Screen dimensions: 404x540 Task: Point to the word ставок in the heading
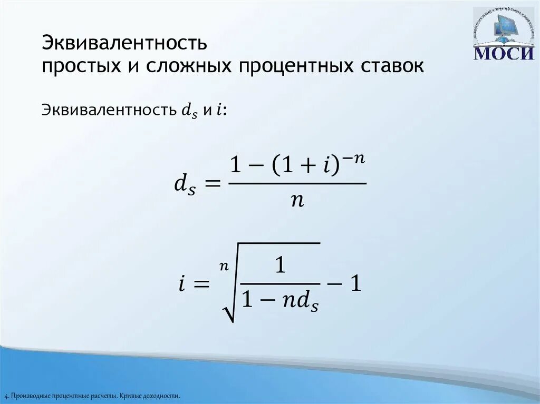click(391, 66)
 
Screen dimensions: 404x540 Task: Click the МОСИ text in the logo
click(504, 53)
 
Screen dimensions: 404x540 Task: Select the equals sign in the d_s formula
click(211, 184)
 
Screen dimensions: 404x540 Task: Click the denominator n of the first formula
click(297, 201)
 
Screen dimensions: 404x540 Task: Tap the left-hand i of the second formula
click(180, 285)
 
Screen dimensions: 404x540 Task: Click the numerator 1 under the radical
click(280, 266)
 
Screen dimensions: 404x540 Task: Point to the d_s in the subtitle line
click(189, 111)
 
